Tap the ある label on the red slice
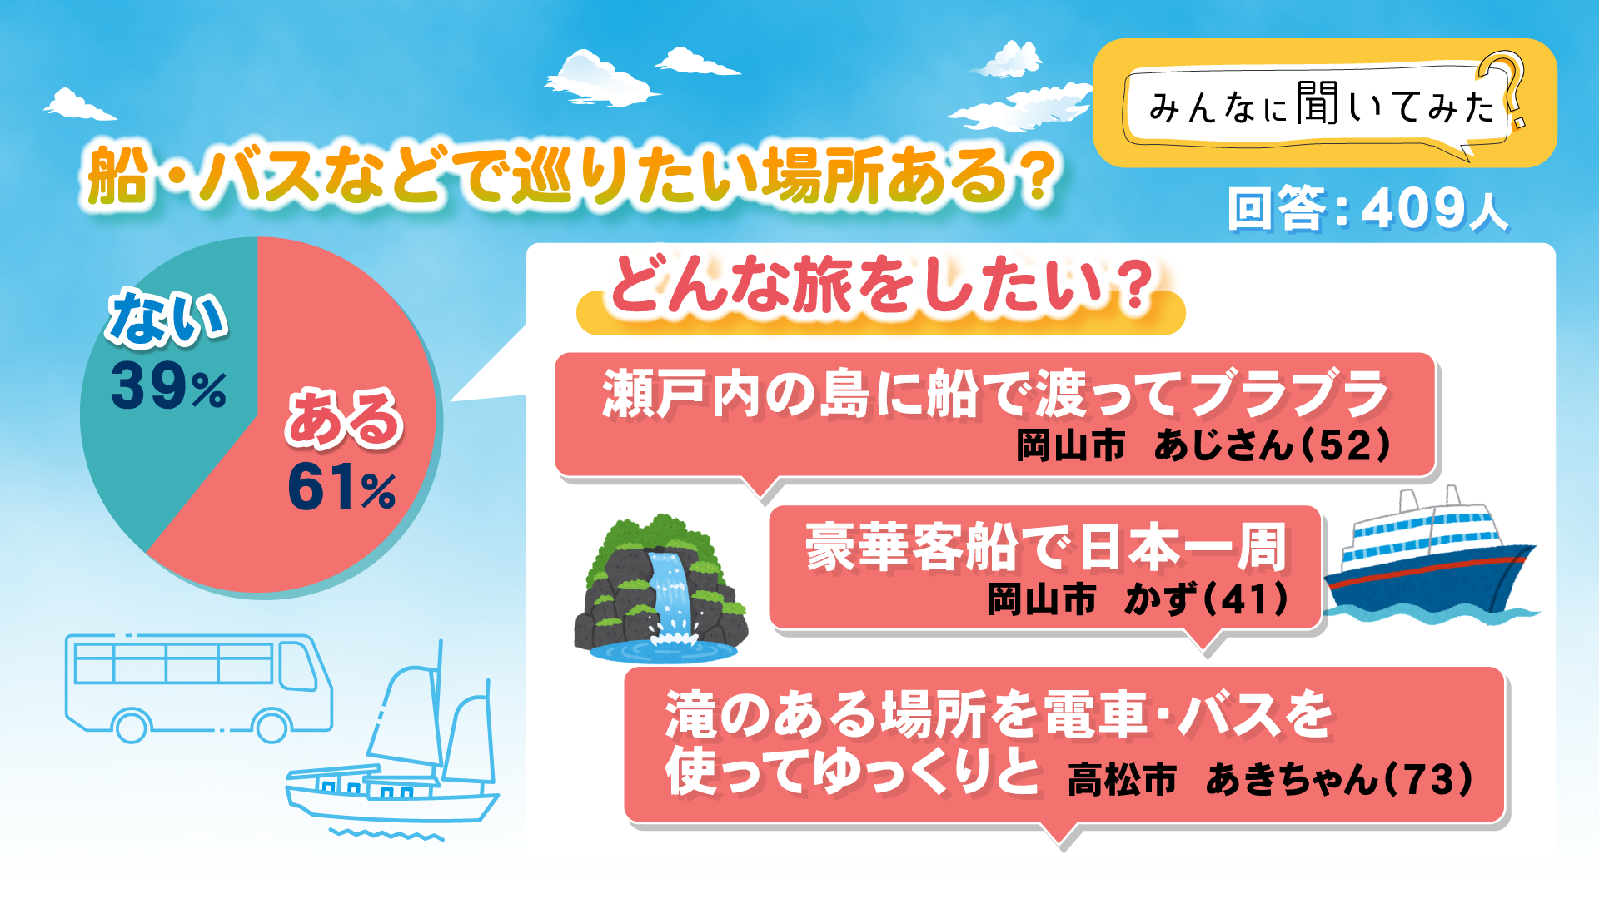pos(344,418)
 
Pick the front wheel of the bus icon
pos(271,726)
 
